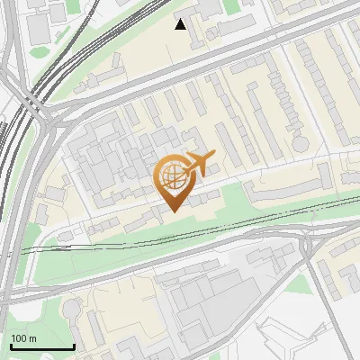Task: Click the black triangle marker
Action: [181, 24]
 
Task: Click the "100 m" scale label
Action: [24, 338]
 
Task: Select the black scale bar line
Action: [42, 347]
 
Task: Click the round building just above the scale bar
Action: [71, 310]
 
